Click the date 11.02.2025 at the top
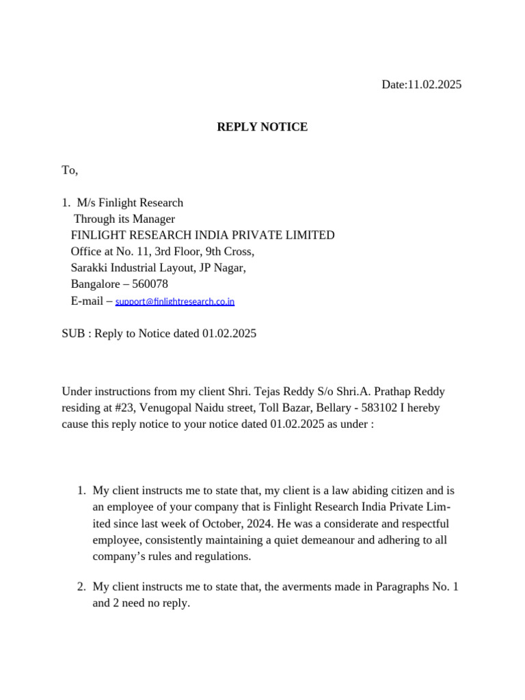pos(434,85)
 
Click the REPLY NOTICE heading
pos(262,127)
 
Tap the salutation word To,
pos(70,170)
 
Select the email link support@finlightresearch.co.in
pos(175,301)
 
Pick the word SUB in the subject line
pos(72,334)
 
